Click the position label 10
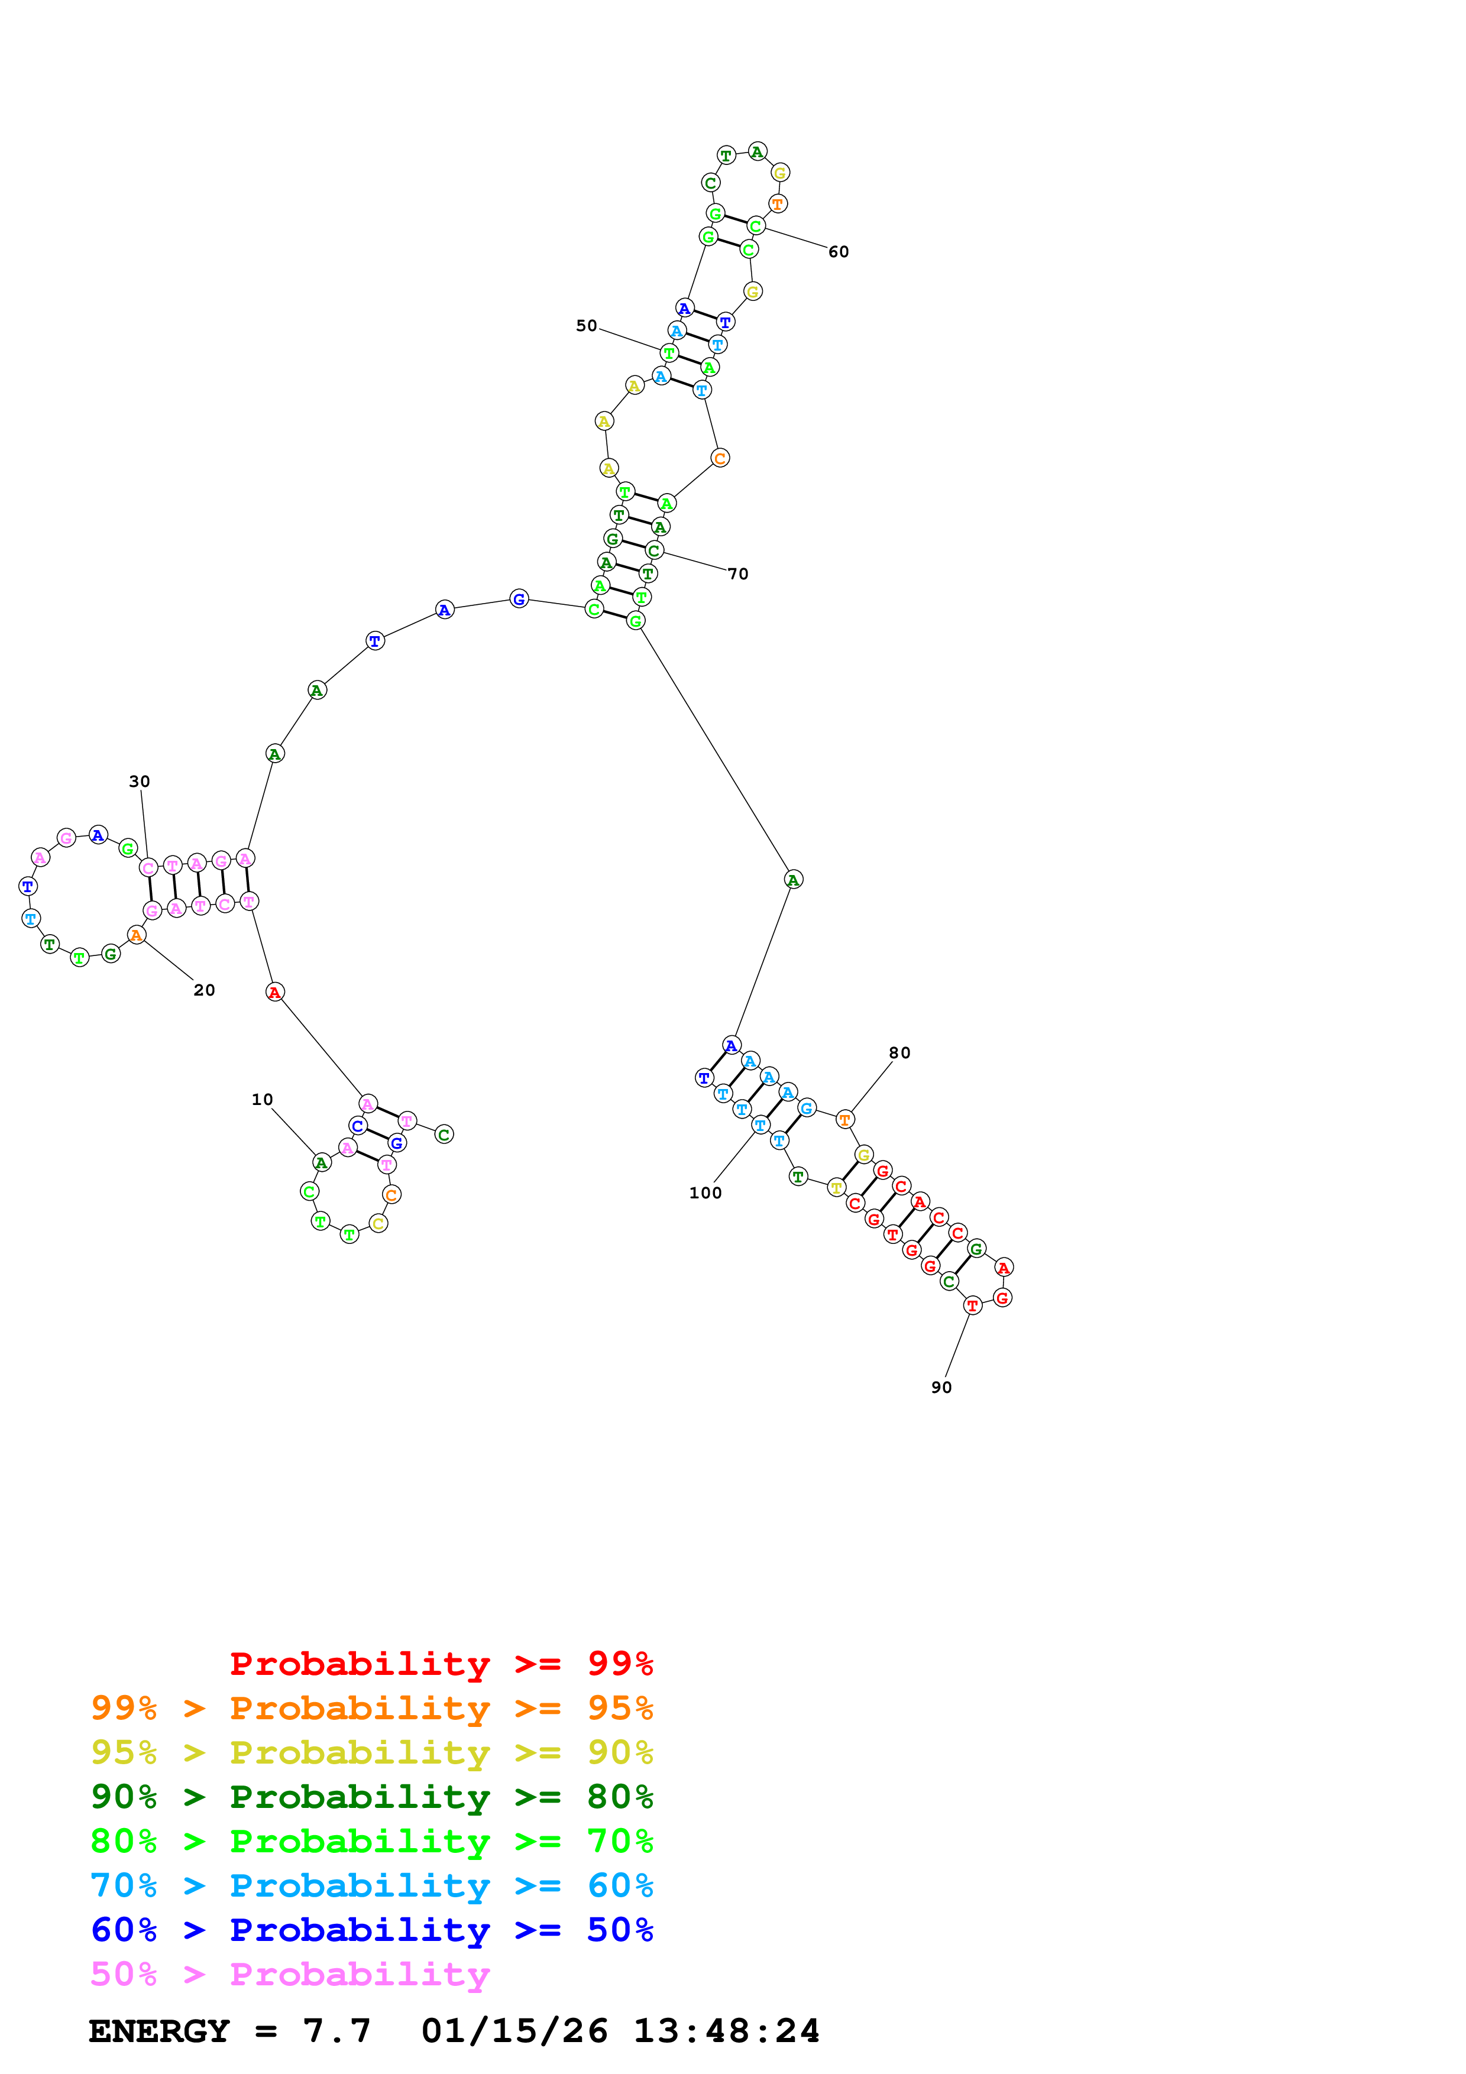click(x=262, y=1099)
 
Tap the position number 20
click(x=204, y=990)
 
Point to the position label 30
click(x=139, y=782)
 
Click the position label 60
click(x=838, y=251)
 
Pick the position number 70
click(x=738, y=573)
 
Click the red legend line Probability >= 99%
click(x=441, y=1663)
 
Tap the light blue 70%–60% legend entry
click(x=371, y=1885)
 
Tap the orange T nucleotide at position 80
click(x=844, y=1119)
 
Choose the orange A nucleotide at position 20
click(x=137, y=935)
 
